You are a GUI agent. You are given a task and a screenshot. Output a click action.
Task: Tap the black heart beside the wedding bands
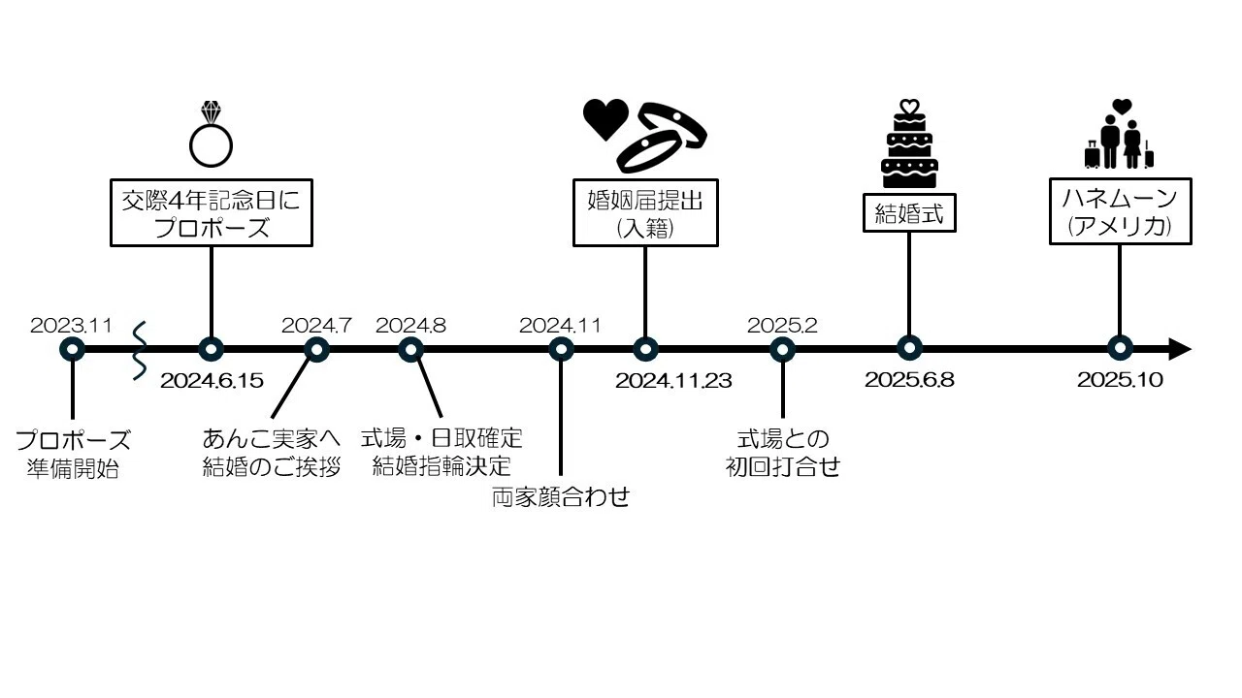click(605, 118)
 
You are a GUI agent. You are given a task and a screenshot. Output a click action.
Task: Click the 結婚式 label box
click(909, 212)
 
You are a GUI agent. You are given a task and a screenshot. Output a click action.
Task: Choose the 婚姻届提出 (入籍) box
click(645, 212)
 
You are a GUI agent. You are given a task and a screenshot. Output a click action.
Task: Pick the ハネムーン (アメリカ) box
click(1120, 211)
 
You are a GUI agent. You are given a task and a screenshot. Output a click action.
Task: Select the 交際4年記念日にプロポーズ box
click(212, 212)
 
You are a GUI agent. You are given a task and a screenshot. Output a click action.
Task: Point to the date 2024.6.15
click(212, 381)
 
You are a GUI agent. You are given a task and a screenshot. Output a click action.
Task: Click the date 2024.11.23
click(673, 381)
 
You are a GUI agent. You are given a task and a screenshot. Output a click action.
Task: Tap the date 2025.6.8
click(909, 380)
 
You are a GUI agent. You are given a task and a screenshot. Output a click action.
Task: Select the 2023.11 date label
click(71, 326)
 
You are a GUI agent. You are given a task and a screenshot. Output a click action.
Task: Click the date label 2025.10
click(1120, 380)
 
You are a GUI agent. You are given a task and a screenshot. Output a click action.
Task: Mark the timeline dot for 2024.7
click(316, 350)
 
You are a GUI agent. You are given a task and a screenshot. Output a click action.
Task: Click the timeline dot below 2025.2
click(782, 350)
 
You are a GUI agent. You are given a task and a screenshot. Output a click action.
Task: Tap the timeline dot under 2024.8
click(410, 350)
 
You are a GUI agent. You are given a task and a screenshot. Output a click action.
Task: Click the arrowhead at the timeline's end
click(1180, 349)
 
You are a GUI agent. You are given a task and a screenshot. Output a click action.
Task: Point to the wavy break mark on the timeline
click(140, 351)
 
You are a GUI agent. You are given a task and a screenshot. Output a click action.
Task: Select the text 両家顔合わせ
click(561, 497)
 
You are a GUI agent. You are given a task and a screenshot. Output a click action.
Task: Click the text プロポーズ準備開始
click(73, 455)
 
